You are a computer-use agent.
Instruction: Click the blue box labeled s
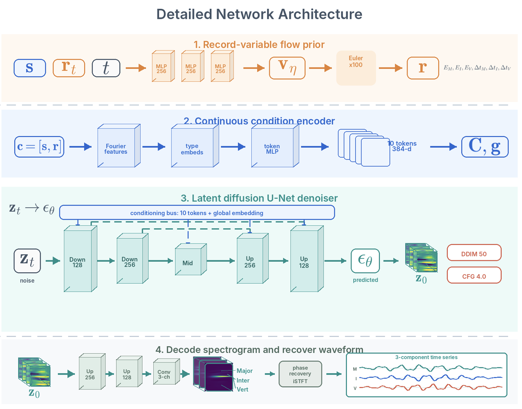[30, 68]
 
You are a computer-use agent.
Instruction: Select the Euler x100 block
[356, 68]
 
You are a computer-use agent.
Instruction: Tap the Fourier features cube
[119, 146]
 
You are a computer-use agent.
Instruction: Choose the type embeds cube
[195, 146]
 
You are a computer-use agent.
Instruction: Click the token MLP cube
[275, 146]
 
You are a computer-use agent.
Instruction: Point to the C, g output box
[485, 147]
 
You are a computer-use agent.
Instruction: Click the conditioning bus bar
[197, 213]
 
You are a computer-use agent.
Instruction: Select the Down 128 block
[81, 259]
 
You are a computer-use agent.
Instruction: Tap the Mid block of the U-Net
[191, 260]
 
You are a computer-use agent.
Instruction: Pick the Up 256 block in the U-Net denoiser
[253, 258]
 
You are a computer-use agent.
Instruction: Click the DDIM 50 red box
[474, 253]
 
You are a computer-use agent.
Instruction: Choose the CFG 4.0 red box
[474, 275]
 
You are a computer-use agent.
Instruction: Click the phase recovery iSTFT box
[300, 374]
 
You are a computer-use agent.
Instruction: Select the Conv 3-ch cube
[167, 372]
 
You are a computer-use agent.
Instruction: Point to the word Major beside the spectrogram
[245, 371]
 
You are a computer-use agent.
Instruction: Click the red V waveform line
[430, 387]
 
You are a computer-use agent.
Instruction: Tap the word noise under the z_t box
[27, 280]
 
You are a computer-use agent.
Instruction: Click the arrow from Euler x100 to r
[391, 68]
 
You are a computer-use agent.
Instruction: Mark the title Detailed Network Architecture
[260, 14]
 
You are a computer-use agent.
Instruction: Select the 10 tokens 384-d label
[402, 146]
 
